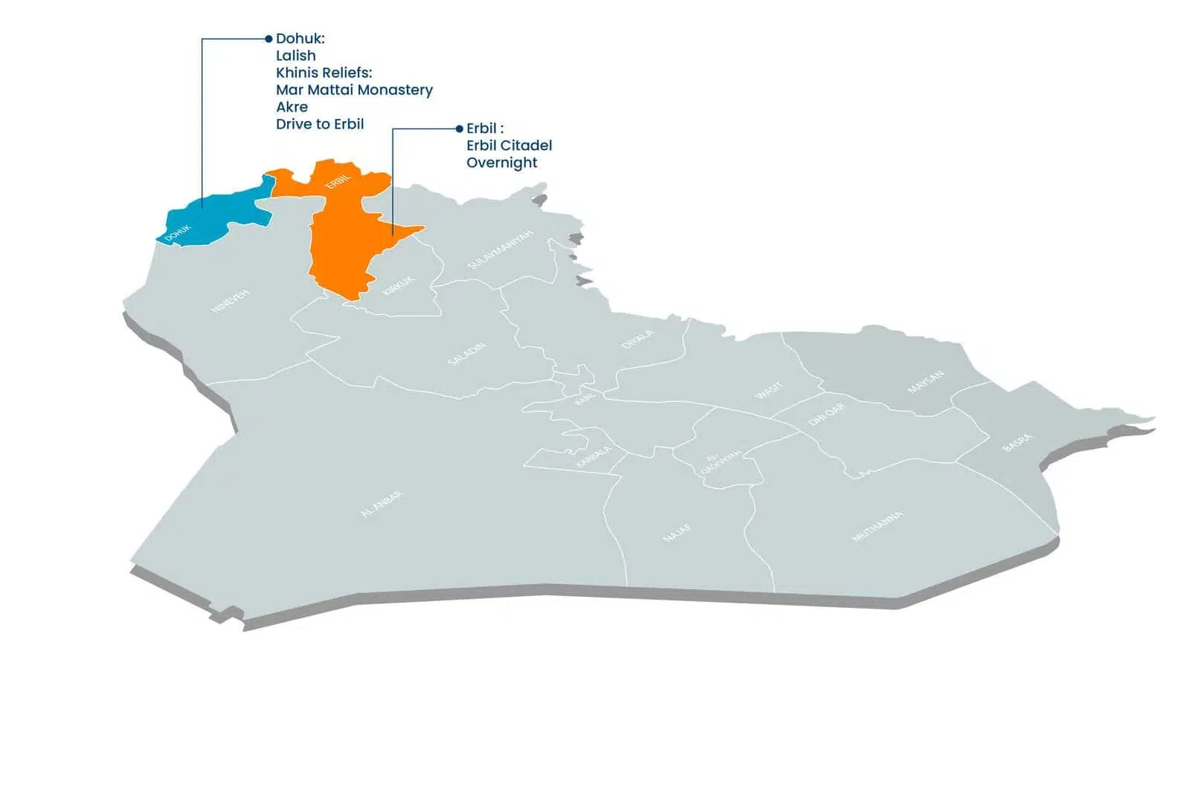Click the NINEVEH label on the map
pyautogui.click(x=231, y=301)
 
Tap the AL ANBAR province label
pyautogui.click(x=382, y=504)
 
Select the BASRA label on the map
pyautogui.click(x=1017, y=442)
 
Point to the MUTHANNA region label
pyautogui.click(x=878, y=526)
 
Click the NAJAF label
pyautogui.click(x=677, y=533)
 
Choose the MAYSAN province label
pyautogui.click(x=926, y=382)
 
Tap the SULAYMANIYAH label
pyautogui.click(x=501, y=250)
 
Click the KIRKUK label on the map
pyautogui.click(x=398, y=285)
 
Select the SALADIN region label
pyautogui.click(x=467, y=354)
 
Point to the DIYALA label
pyautogui.click(x=637, y=339)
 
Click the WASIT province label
pyautogui.click(x=768, y=390)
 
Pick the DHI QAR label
pyautogui.click(x=826, y=414)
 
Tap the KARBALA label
pyautogui.click(x=594, y=456)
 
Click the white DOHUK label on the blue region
pyautogui.click(x=178, y=233)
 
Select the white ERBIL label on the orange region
pyautogui.click(x=338, y=179)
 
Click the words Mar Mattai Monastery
pyautogui.click(x=354, y=90)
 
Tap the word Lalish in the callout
pyautogui.click(x=296, y=56)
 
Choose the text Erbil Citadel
pyautogui.click(x=509, y=146)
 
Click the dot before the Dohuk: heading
pyautogui.click(x=268, y=39)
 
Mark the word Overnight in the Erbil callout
pyautogui.click(x=502, y=163)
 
